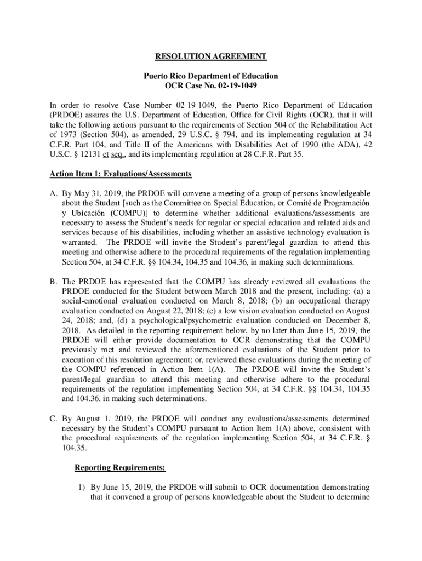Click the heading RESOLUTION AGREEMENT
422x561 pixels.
(x=211, y=56)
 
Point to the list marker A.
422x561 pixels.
(x=54, y=193)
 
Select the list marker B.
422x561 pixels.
(x=54, y=282)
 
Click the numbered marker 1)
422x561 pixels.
(x=80, y=487)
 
